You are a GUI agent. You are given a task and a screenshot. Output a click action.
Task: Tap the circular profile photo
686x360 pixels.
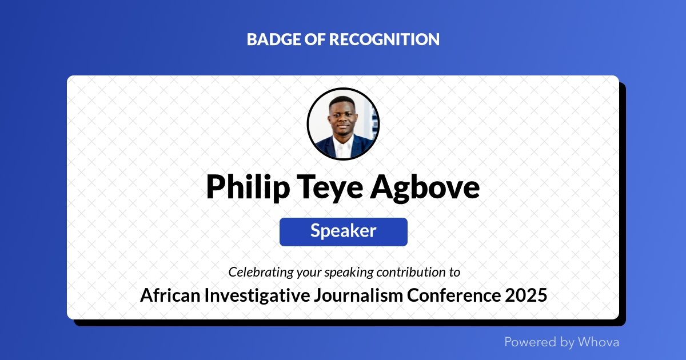point(343,123)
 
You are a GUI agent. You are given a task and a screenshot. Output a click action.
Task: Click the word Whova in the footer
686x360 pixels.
point(598,342)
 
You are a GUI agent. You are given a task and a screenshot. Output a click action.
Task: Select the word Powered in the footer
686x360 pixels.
point(531,342)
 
